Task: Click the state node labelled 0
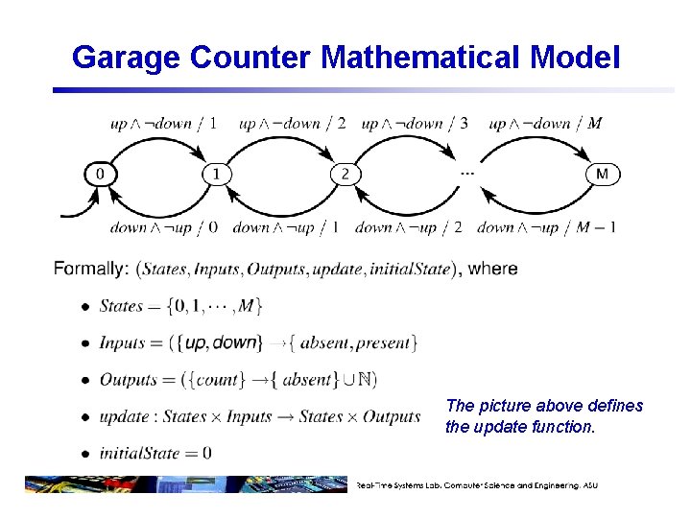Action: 100,174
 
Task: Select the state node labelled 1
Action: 217,174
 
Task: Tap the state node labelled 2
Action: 345,174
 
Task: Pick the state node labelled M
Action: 603,174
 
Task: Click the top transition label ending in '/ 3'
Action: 415,123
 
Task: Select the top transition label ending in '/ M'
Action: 545,123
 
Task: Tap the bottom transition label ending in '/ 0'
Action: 164,227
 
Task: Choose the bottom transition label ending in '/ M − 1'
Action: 546,227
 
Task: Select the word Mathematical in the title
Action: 423,58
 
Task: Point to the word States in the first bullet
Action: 121,307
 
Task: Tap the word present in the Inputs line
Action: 384,343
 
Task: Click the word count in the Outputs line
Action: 217,380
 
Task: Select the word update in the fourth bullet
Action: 123,416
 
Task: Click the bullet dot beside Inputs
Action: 83,343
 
